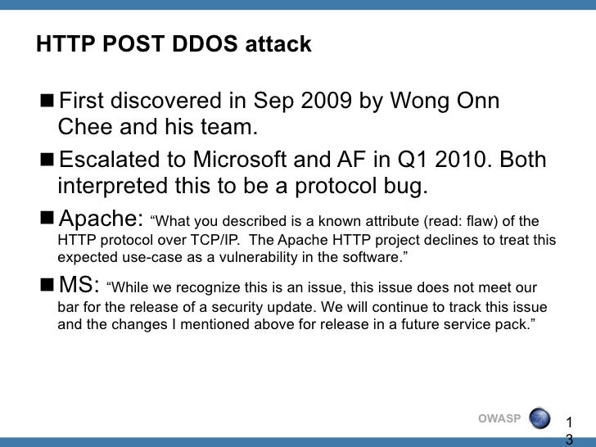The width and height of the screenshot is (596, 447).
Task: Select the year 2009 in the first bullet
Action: click(x=327, y=102)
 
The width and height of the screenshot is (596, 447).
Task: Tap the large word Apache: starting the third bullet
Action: click(x=102, y=219)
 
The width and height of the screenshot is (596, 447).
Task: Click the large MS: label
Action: click(x=80, y=284)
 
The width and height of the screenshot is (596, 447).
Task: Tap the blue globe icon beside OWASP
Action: click(x=541, y=418)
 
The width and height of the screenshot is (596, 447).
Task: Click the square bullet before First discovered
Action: click(x=46, y=102)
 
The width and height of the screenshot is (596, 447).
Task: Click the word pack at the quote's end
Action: click(x=515, y=325)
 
